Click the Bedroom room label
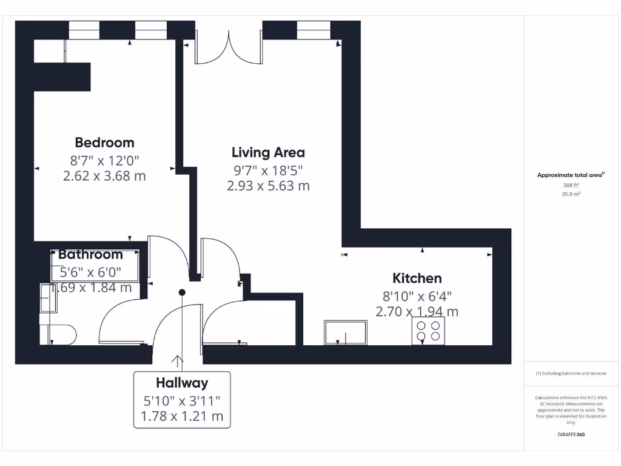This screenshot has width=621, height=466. pyautogui.click(x=104, y=143)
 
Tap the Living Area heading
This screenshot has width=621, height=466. pyautogui.click(x=268, y=152)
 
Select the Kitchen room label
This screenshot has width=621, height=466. pyautogui.click(x=417, y=279)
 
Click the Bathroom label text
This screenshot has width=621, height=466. pyautogui.click(x=90, y=255)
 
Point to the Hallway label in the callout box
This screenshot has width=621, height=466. pyautogui.click(x=182, y=383)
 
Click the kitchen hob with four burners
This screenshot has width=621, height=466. pyautogui.click(x=428, y=331)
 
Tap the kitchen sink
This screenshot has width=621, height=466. pyautogui.click(x=346, y=333)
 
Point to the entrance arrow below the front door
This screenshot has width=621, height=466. pyautogui.click(x=178, y=362)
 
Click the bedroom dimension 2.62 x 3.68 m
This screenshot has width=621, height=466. pyautogui.click(x=104, y=176)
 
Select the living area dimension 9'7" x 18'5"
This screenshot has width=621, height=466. pyautogui.click(x=268, y=170)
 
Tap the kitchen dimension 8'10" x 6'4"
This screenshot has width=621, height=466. pyautogui.click(x=417, y=296)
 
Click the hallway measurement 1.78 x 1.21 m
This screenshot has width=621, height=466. pyautogui.click(x=182, y=416)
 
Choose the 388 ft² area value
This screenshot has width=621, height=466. pyautogui.click(x=571, y=186)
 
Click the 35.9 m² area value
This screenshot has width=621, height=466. pyautogui.click(x=571, y=194)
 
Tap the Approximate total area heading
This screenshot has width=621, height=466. pyautogui.click(x=570, y=175)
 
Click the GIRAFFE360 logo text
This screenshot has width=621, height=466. pyautogui.click(x=571, y=434)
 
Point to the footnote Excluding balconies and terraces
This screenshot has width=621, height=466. pyautogui.click(x=571, y=374)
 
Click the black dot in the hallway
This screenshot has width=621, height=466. pyautogui.click(x=181, y=292)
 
